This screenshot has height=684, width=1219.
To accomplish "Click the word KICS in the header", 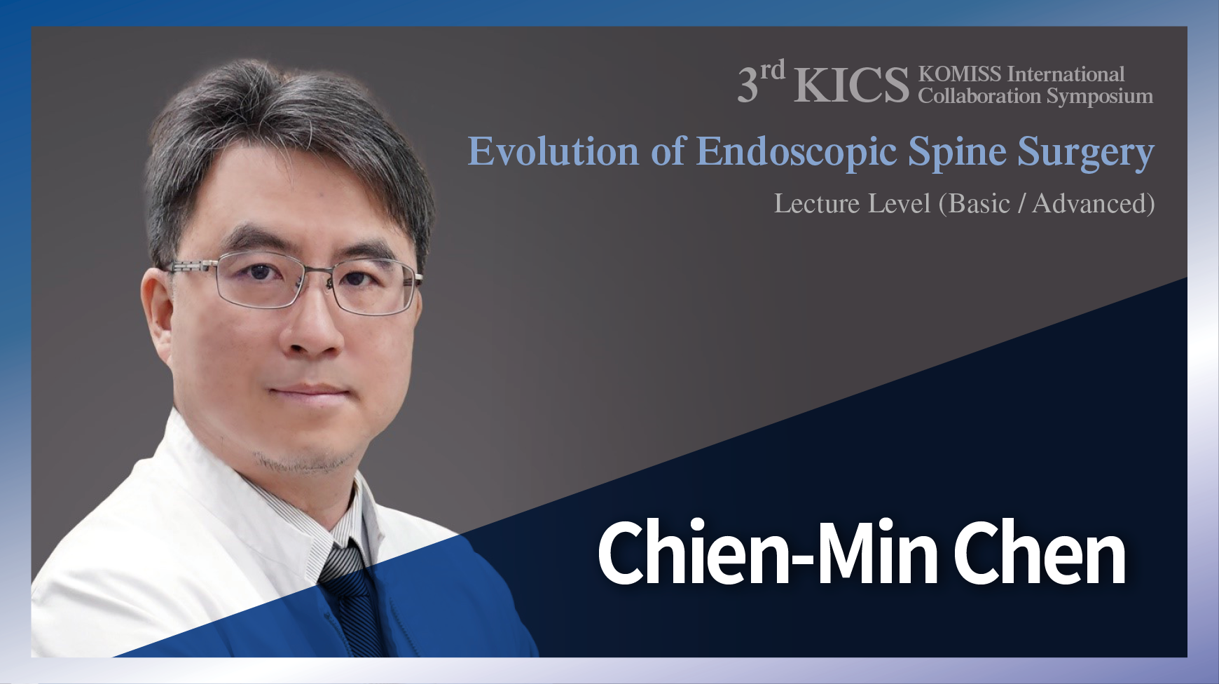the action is click(x=850, y=85).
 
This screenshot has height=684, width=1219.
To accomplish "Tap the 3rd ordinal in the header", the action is click(x=761, y=83).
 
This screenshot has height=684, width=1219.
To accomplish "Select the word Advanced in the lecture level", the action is click(x=1089, y=203).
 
